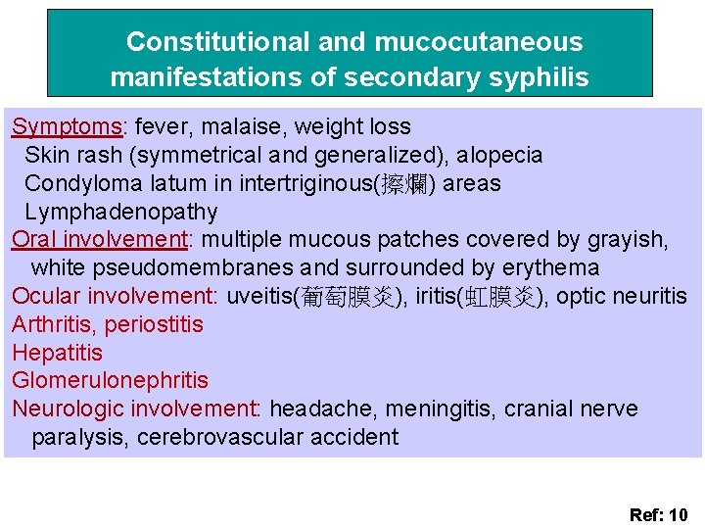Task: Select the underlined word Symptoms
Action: click(67, 127)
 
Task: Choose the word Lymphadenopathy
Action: click(120, 212)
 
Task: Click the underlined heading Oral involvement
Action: click(99, 240)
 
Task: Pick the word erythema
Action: click(553, 267)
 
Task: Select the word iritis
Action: click(438, 297)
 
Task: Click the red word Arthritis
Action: click(53, 324)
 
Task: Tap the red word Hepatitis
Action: click(57, 353)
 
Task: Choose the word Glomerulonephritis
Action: click(110, 380)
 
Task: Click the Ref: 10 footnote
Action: click(658, 514)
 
